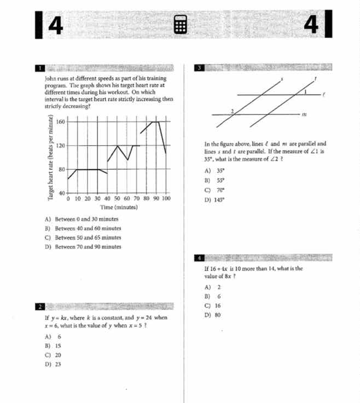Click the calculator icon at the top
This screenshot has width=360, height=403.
181,25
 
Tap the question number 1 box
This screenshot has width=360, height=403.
40,68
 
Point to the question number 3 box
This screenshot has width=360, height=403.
200,68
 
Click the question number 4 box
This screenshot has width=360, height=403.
200,257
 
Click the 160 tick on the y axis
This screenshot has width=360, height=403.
61,122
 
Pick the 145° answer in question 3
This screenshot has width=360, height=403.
222,200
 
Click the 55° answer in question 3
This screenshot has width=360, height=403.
222,180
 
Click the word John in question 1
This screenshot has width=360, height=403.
50,79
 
